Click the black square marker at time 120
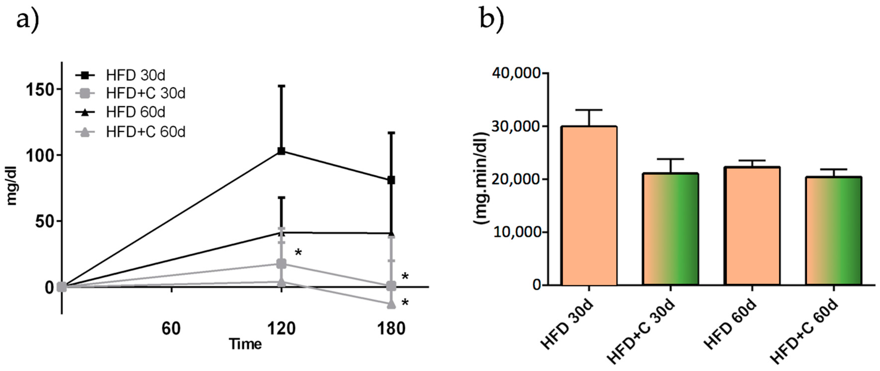point(281,151)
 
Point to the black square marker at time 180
point(391,180)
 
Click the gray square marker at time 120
point(281,264)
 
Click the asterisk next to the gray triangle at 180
point(405,303)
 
